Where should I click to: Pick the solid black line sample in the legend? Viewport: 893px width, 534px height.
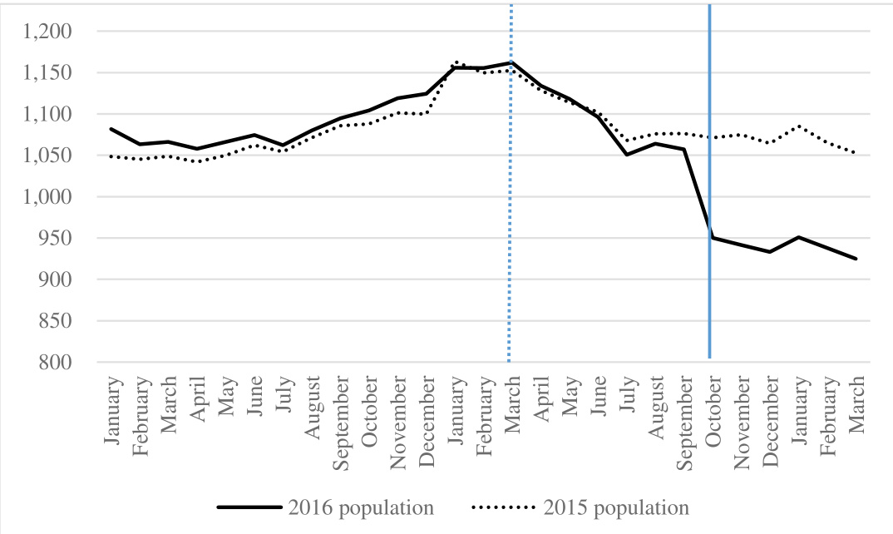click(x=249, y=507)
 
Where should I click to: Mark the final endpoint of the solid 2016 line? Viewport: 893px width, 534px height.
click(x=856, y=259)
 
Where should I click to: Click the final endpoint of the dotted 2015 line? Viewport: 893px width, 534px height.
click(x=856, y=153)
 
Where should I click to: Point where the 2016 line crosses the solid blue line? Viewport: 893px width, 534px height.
click(x=709, y=237)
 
